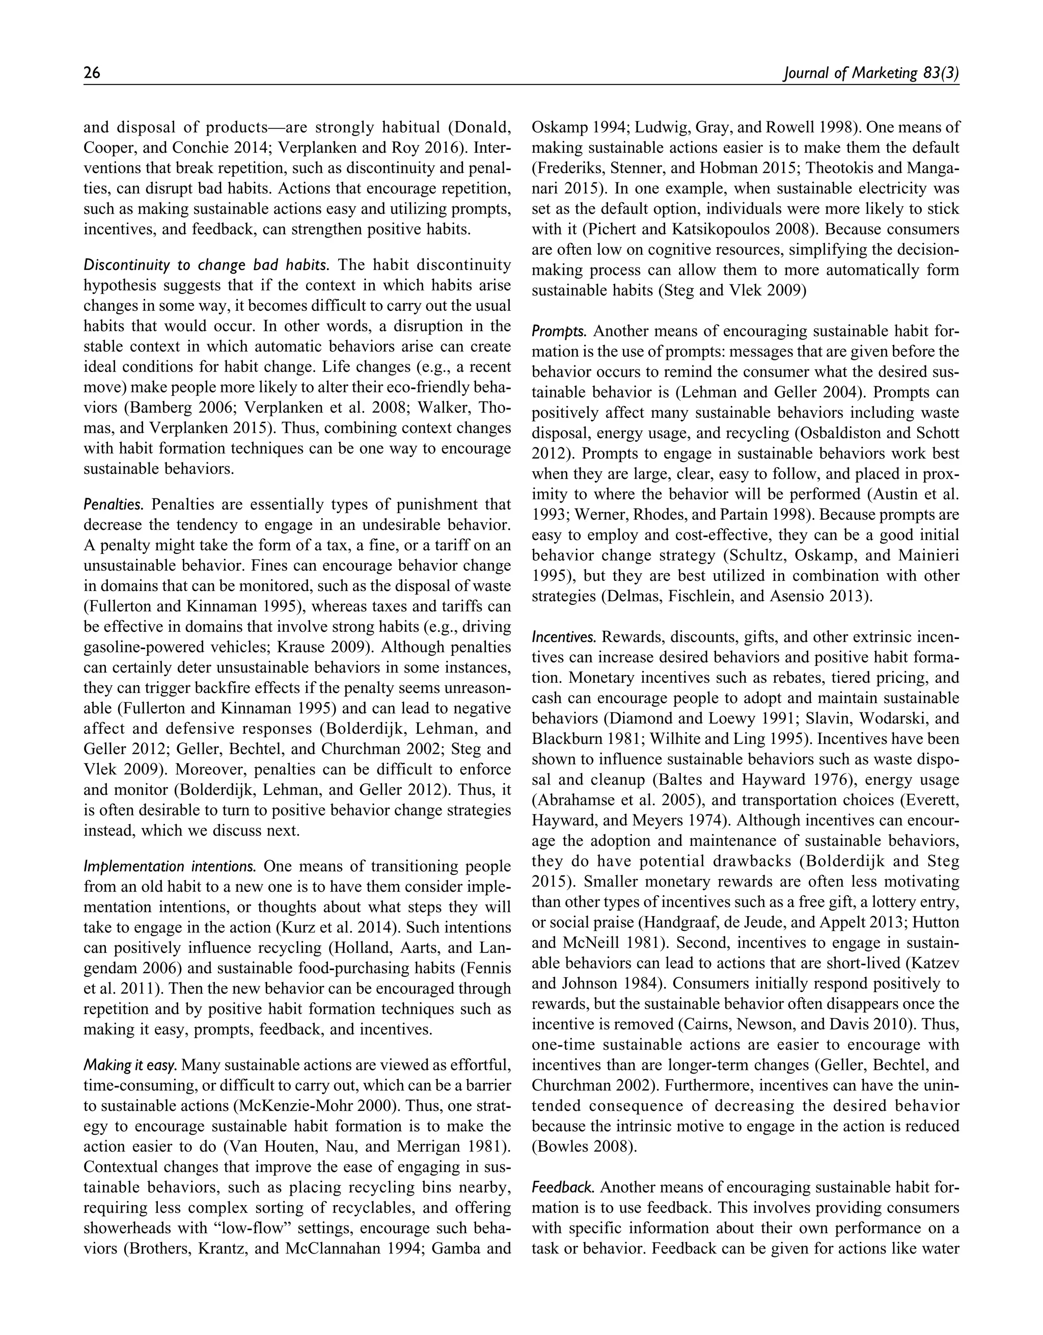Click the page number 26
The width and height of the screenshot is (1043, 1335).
tap(92, 74)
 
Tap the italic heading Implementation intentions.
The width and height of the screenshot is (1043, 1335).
tap(170, 867)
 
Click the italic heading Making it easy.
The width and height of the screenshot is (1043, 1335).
tap(130, 1065)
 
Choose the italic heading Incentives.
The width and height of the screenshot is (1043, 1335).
tap(563, 637)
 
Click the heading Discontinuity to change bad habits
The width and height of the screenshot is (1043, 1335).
tap(207, 265)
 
